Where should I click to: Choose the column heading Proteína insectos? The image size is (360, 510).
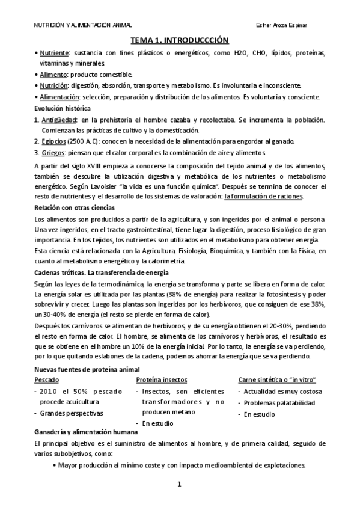pos(161,380)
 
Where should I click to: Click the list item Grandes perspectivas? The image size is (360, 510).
pos(72,413)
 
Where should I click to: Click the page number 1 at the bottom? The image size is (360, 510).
pos(179,484)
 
